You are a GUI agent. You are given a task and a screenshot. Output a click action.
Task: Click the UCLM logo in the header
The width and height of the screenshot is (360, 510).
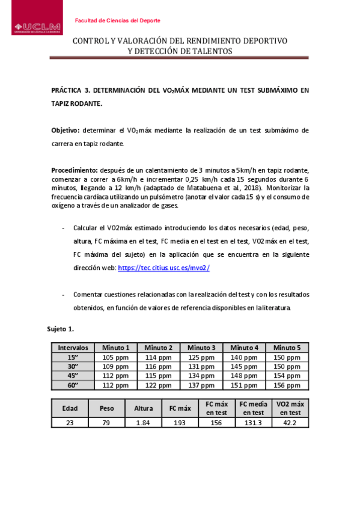point(37,26)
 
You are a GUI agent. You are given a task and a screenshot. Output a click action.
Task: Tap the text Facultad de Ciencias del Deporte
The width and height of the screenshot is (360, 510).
point(117,20)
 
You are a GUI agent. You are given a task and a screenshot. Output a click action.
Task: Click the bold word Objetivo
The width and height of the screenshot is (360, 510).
point(66,131)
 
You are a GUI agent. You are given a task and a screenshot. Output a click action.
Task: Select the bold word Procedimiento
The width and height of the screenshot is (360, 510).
point(75,170)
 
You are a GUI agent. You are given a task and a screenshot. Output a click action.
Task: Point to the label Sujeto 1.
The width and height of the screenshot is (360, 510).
point(60,329)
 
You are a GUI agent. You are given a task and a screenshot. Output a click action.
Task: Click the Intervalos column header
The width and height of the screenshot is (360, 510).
point(73,348)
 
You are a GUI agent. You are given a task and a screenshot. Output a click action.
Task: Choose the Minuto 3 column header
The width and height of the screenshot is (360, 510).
point(201,348)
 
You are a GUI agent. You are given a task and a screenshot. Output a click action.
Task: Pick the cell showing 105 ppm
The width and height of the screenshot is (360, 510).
point(115,357)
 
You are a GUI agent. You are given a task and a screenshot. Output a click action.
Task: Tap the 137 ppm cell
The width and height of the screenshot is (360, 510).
point(201,386)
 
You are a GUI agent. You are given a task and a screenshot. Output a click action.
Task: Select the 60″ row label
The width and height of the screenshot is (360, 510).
point(73,386)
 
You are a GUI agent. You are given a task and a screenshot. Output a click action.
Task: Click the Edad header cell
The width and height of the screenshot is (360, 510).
point(70,408)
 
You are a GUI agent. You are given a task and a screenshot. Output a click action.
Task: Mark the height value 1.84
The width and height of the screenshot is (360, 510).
point(143,423)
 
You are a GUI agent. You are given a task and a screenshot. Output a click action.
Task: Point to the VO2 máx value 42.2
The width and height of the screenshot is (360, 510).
point(290,423)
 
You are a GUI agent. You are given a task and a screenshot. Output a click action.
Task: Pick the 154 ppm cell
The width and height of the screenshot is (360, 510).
point(287,376)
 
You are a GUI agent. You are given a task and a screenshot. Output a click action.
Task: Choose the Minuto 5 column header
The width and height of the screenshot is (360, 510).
point(287,348)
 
